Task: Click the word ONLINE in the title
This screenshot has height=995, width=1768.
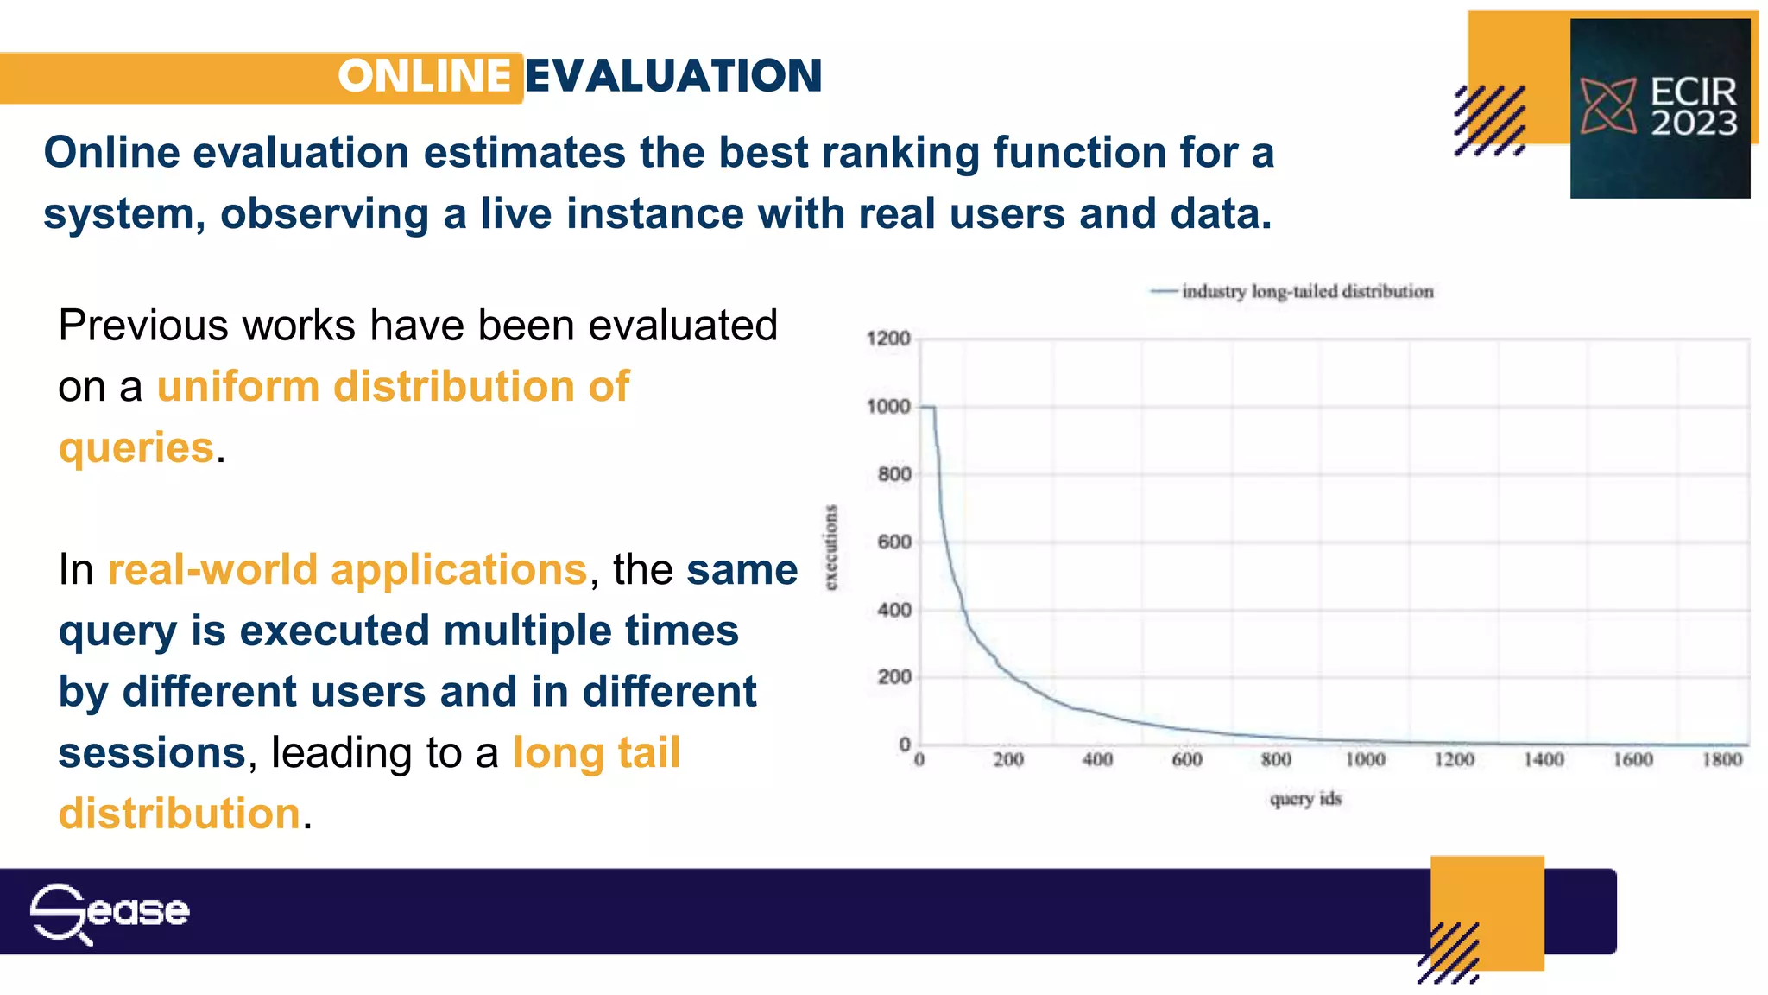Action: pyautogui.click(x=424, y=76)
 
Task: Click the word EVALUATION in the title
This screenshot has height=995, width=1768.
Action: pyautogui.click(x=673, y=76)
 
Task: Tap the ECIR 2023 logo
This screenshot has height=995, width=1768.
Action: pyautogui.click(x=1659, y=108)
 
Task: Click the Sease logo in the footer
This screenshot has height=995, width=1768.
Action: pyautogui.click(x=110, y=912)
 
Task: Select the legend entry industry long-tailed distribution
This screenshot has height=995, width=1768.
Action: pyautogui.click(x=1306, y=292)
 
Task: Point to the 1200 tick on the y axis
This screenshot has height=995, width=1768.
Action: pyautogui.click(x=888, y=339)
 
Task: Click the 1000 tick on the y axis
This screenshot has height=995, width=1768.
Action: pyautogui.click(x=888, y=407)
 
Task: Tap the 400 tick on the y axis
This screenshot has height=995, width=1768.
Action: pyautogui.click(x=893, y=611)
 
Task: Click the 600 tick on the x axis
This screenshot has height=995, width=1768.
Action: pyautogui.click(x=1187, y=760)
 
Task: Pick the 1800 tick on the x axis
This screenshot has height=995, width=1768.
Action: pyautogui.click(x=1721, y=760)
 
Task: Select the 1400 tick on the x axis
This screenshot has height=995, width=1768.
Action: pyautogui.click(x=1544, y=760)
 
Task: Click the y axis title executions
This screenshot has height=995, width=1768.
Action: pyautogui.click(x=830, y=548)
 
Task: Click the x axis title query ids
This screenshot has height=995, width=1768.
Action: pyautogui.click(x=1305, y=799)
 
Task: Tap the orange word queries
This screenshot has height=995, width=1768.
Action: pyautogui.click(x=136, y=448)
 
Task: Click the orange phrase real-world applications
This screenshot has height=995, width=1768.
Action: pyautogui.click(x=347, y=570)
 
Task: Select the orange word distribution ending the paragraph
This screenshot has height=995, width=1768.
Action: pyautogui.click(x=180, y=814)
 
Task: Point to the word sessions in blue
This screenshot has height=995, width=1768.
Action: pyautogui.click(x=152, y=752)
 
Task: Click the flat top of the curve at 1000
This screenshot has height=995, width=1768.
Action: pyautogui.click(x=927, y=406)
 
